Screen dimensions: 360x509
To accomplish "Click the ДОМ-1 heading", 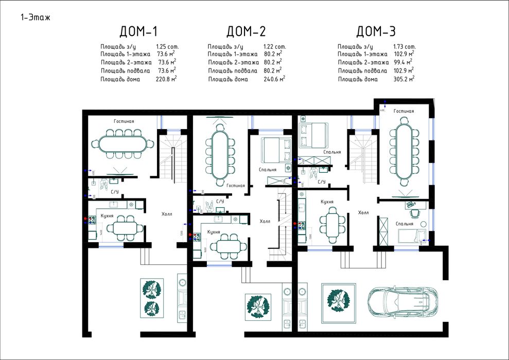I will (138, 32).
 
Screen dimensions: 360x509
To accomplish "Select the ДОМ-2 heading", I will (247, 32).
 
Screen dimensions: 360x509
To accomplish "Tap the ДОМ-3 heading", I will (376, 32).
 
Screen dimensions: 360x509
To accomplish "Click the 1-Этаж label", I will (36, 17).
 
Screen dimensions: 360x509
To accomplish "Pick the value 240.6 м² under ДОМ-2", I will (274, 79).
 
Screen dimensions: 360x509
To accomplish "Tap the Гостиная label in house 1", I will (124, 121).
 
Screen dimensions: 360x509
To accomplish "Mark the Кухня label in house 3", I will (328, 202).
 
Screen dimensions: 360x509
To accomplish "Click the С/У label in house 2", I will (220, 201).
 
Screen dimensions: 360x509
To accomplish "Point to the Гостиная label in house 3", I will (404, 111).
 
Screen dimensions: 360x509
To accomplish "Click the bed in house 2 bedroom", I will (276, 149).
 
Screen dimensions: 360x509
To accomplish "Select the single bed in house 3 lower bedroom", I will (411, 236).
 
